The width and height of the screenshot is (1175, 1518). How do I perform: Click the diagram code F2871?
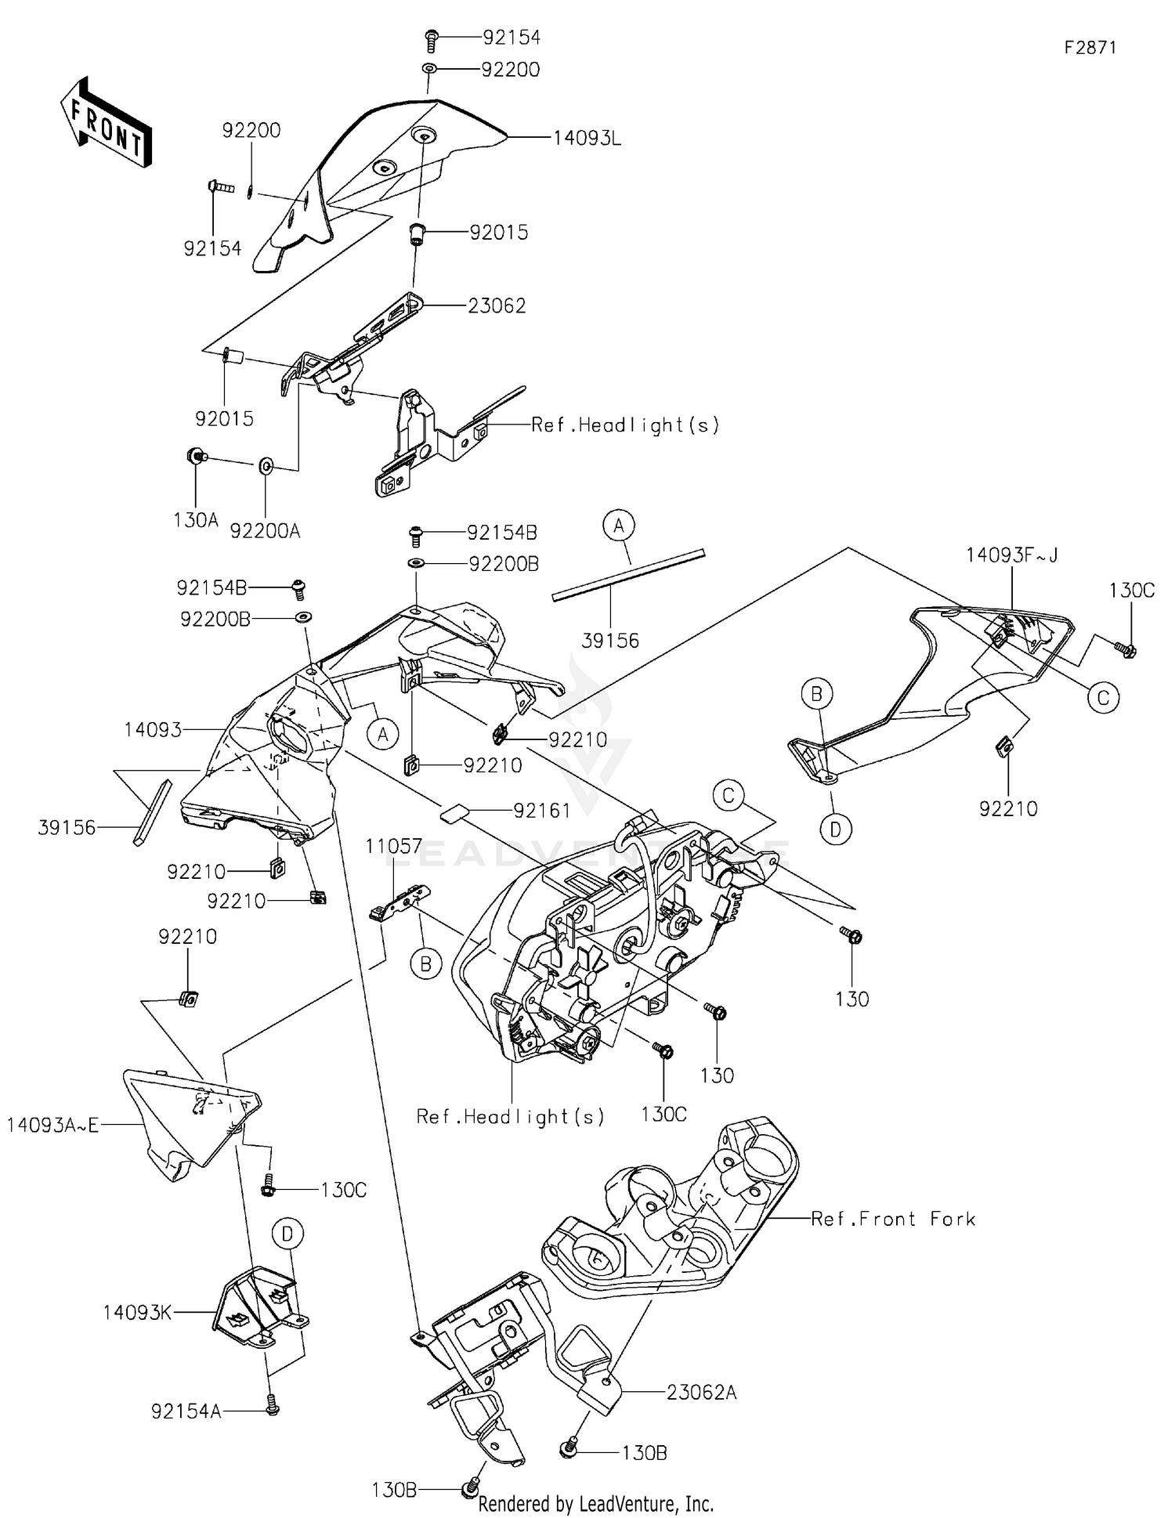(1090, 48)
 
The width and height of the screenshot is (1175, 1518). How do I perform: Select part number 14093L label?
(587, 139)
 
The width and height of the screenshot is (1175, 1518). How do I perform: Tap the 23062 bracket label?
(497, 306)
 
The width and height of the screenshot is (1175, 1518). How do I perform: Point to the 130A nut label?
(196, 519)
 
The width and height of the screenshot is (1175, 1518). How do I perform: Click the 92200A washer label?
(265, 531)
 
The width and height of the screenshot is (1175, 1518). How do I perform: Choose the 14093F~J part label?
(1011, 555)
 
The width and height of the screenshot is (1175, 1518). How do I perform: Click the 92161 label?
(542, 810)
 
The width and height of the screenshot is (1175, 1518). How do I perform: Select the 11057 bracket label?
(394, 846)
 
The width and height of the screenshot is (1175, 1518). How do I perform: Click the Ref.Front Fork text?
(893, 1219)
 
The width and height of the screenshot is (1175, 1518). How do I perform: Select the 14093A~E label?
(53, 1126)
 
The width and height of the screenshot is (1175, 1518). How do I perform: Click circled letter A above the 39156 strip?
(619, 526)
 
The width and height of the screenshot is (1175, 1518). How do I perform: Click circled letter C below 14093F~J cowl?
(1103, 697)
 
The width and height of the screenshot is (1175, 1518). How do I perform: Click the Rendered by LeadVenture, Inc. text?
(595, 1503)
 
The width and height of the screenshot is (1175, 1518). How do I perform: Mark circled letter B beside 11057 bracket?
(426, 964)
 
